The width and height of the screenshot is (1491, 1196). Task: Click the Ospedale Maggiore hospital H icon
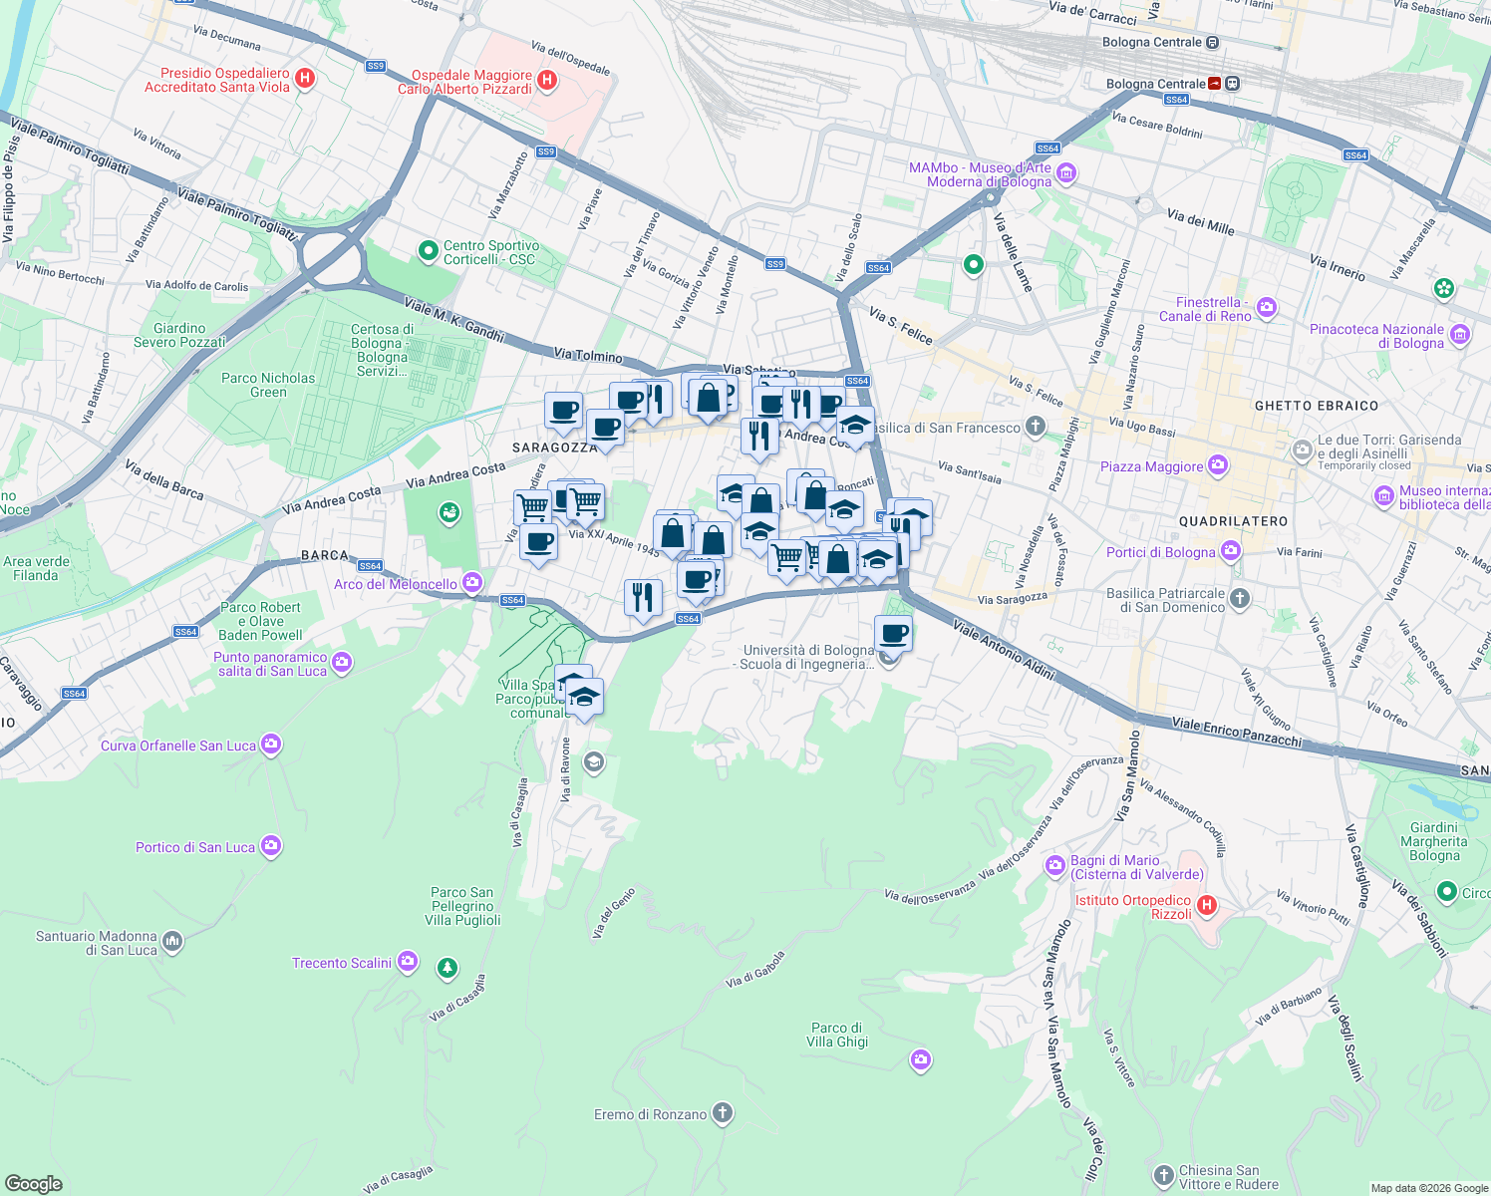[x=546, y=81]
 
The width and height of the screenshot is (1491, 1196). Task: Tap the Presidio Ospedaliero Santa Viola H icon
[x=306, y=79]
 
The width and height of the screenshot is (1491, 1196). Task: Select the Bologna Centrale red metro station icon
[x=1215, y=84]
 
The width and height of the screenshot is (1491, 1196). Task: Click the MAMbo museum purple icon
[x=1066, y=174]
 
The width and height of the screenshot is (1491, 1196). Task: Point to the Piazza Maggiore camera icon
[x=1217, y=465]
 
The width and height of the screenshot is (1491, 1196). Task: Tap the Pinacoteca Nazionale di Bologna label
[x=1376, y=336]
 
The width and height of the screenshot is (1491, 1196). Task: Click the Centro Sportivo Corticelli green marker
[x=429, y=251]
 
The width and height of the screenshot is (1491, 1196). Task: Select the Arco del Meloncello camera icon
[x=471, y=583]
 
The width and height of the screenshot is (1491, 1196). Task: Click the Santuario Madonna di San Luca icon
[x=172, y=942]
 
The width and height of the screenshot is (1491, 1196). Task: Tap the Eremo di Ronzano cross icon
[x=723, y=1113]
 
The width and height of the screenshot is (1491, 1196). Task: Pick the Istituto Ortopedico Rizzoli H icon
[x=1206, y=906]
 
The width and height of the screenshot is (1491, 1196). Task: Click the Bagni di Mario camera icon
[x=1055, y=866]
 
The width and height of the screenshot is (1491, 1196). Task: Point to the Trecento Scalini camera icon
[x=407, y=962]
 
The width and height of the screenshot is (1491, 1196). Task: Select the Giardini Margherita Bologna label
[x=1434, y=841]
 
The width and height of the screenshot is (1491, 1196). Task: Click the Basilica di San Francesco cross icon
[x=1036, y=428]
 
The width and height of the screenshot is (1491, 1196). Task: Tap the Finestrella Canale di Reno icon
[x=1267, y=308]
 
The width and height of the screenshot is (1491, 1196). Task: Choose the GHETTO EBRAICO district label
[x=1316, y=406]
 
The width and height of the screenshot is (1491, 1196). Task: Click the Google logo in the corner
[x=34, y=1183]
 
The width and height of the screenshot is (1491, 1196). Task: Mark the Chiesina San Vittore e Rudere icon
[x=1163, y=1176]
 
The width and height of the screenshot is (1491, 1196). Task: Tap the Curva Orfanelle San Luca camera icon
[x=271, y=745]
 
